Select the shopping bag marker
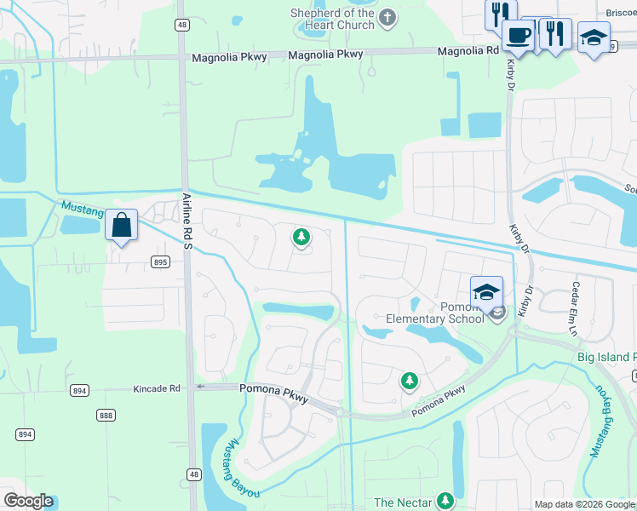point(122,226)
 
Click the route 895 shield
point(160,262)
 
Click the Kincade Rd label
point(157,388)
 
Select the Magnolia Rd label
point(468,51)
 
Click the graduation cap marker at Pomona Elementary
point(486,292)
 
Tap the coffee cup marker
point(517,35)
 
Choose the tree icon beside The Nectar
point(445,501)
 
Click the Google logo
point(28,501)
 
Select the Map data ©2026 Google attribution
point(584,504)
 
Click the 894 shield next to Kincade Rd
point(80,390)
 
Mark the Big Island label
point(607,357)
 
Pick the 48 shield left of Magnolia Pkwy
point(182,26)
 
